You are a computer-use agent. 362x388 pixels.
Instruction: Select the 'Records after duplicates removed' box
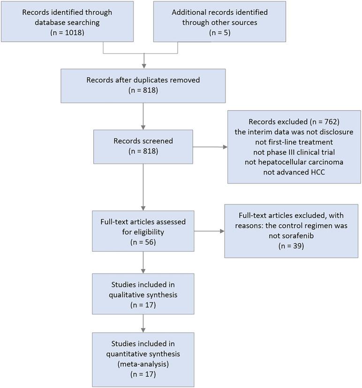pos(143,85)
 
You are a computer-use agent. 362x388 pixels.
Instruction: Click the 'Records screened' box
pos(143,147)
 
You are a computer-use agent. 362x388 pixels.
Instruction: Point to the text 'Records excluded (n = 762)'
pos(294,122)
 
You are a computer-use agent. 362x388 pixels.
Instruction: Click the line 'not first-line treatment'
pos(294,142)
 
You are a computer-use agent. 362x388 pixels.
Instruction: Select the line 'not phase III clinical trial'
pos(294,152)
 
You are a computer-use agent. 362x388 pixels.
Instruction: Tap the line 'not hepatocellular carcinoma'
pos(294,162)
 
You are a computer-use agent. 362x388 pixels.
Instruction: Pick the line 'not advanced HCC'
pos(294,172)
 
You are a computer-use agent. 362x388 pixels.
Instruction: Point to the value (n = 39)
pos(291,245)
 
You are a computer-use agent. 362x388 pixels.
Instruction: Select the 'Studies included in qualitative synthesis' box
pos(143,294)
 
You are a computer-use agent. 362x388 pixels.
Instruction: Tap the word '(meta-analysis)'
pos(143,365)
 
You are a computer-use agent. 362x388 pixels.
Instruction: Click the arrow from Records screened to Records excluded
pos(210,147)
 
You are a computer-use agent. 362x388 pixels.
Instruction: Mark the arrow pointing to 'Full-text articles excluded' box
pos(209,231)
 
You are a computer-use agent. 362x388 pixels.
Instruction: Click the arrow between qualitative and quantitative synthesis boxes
pos(143,323)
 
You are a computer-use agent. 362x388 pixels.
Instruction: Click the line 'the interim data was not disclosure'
pos(294,132)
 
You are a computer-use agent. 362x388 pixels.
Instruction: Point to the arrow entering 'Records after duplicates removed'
pos(143,61)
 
